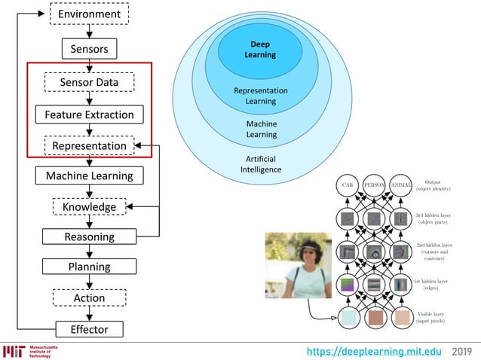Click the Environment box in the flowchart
click(89, 14)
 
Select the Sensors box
click(89, 50)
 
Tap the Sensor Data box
click(89, 81)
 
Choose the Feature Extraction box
click(89, 114)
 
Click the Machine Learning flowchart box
click(89, 175)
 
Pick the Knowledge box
click(89, 206)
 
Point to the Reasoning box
click(89, 236)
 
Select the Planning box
click(89, 267)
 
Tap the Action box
click(89, 297)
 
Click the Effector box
click(89, 329)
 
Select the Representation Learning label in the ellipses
click(261, 96)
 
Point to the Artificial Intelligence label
click(261, 164)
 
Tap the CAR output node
click(348, 185)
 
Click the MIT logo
click(14, 352)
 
